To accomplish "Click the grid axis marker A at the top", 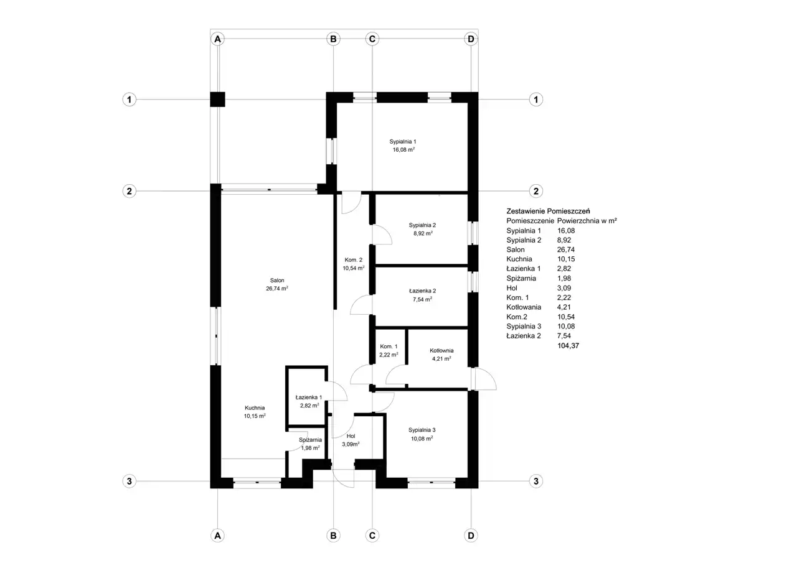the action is point(218,39).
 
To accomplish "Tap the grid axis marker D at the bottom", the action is point(471,535).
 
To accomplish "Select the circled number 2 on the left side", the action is point(129,191).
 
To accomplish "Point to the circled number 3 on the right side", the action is point(536,481).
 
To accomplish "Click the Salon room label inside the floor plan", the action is point(277,281).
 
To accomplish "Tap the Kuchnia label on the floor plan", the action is point(255,407).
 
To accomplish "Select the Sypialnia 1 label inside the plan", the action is point(403,141).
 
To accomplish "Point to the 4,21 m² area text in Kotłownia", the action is point(441,358).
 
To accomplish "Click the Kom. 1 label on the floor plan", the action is point(389,346).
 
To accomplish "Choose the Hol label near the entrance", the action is point(351,435).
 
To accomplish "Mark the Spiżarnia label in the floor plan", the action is point(310,440).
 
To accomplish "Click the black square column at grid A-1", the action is point(217,99).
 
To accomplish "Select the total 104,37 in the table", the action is point(568,345).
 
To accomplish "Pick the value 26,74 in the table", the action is point(566,249).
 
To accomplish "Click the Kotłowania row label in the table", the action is point(524,307).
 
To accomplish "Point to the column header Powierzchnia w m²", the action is point(587,220).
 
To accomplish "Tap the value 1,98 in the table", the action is point(564,278).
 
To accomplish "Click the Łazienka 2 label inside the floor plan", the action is point(422,291).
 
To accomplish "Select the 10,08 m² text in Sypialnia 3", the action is point(422,439).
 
